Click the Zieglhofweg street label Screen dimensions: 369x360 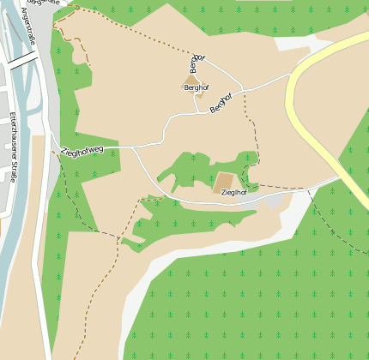click(82, 151)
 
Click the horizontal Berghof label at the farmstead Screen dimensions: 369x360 click(196, 87)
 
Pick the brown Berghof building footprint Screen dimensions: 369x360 click(191, 80)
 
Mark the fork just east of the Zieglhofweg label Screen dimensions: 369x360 click(135, 147)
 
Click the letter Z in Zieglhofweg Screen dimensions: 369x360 click(64, 153)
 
